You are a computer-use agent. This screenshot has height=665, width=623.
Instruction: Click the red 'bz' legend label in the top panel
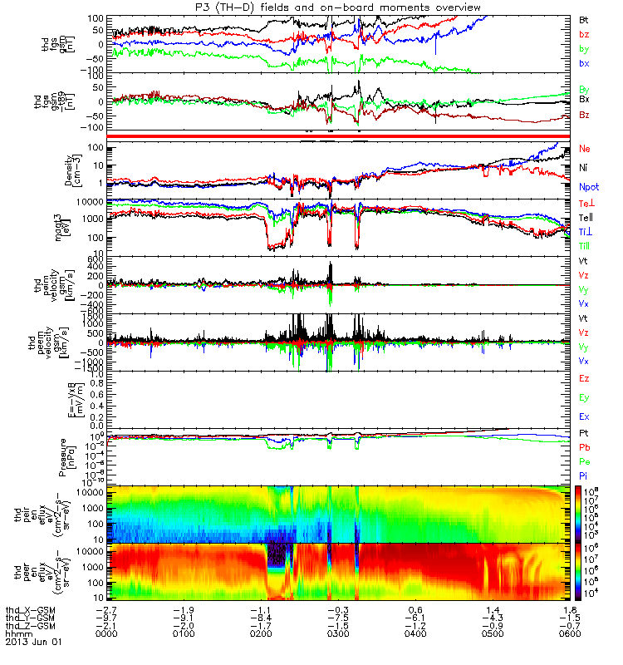[x=585, y=34]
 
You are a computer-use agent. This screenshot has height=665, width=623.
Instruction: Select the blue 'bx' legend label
[x=585, y=64]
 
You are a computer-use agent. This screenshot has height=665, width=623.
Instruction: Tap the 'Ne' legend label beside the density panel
[x=586, y=149]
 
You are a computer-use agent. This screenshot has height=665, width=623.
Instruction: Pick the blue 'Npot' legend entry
[x=589, y=187]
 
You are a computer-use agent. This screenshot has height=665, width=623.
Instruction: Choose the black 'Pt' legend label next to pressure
[x=585, y=435]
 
